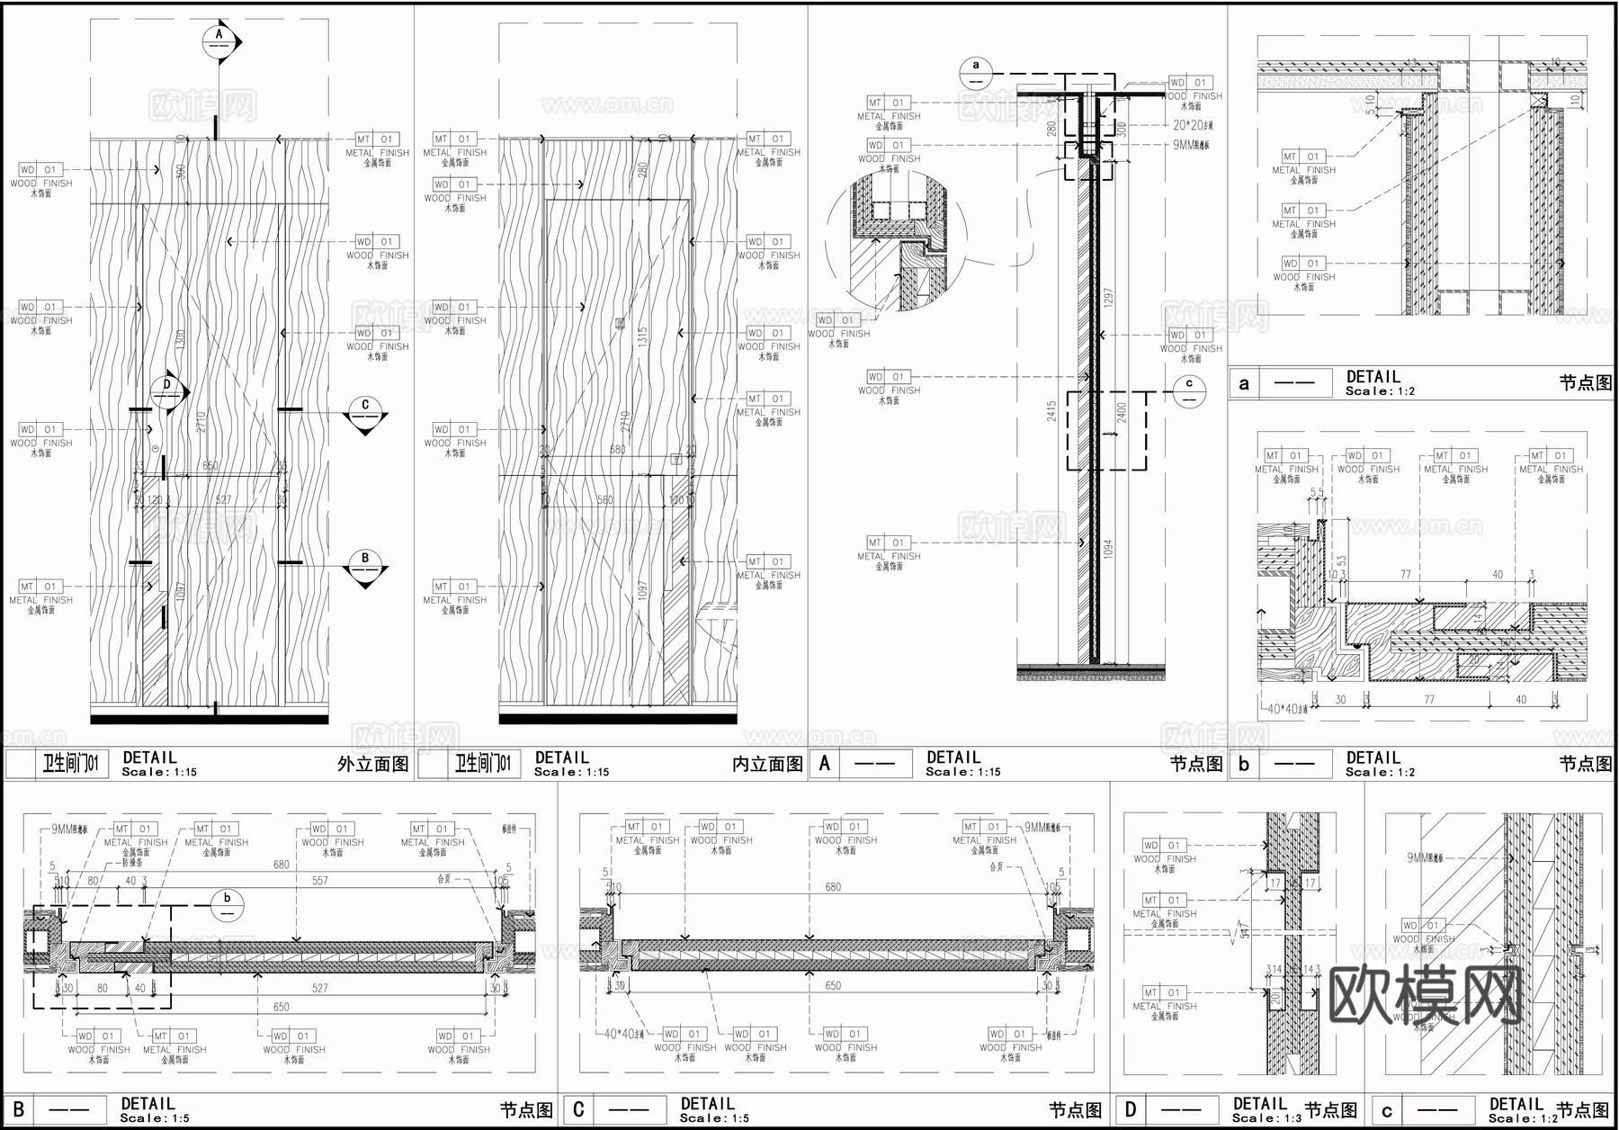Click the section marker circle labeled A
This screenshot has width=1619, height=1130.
coord(219,40)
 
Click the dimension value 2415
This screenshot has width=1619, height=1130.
coord(1051,412)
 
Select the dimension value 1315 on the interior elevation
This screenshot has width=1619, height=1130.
coord(642,336)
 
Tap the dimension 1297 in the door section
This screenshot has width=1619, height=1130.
coord(1108,300)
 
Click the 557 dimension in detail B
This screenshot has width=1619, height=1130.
coord(320,881)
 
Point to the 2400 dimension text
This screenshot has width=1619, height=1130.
coord(1122,412)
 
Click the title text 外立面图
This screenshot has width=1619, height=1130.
coord(372,765)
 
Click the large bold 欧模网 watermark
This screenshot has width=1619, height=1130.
coord(1425,996)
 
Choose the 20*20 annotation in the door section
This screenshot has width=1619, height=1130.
coord(1192,126)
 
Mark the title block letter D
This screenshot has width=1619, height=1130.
coord(1131,1110)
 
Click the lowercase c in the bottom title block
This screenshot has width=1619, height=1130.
coord(1386,1111)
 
